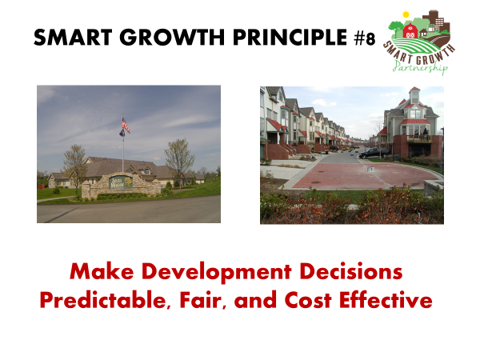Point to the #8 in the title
pos(365,38)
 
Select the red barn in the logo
pos(410,30)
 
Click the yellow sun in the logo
pos(406,14)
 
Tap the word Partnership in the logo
pos(420,66)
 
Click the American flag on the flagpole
pos(126,124)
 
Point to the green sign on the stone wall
pos(121,182)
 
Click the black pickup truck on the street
pos(374,153)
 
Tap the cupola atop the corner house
pos(414,95)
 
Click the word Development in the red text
pos(217,272)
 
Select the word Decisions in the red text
pos(351,271)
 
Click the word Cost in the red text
pos(308,300)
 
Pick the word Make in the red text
pos(102,271)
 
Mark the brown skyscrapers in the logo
pos(436,22)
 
